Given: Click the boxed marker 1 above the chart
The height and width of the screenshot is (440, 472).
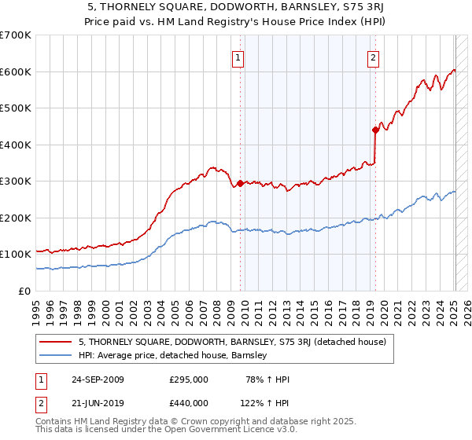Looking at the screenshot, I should tap(238, 57).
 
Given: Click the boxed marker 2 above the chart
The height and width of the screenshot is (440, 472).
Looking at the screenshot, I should tap(373, 57).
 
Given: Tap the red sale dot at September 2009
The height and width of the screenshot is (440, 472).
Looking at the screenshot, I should tap(240, 183).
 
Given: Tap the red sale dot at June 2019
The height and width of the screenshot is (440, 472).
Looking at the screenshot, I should tap(375, 130).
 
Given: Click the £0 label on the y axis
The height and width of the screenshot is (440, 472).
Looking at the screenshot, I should tap(25, 291).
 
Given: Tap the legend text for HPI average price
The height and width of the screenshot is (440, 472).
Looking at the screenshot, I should tap(173, 355).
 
